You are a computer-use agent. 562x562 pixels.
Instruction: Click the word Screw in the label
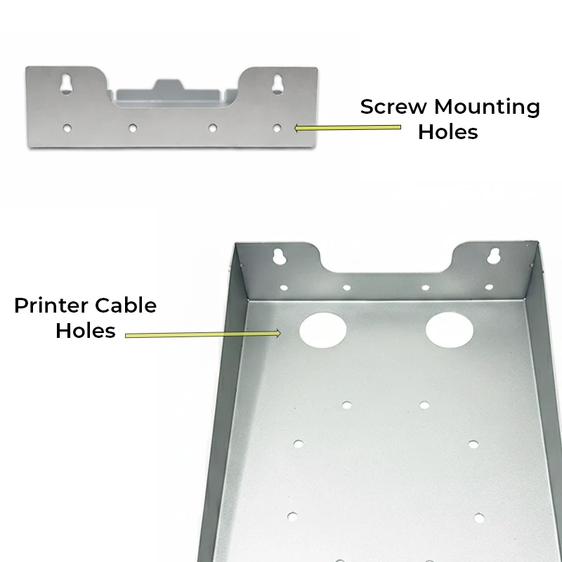pos(393,107)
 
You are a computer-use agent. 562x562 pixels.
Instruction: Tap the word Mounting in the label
pos(487,107)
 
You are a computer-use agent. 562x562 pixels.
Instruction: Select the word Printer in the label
pos(51,306)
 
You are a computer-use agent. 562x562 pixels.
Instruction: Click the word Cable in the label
pos(126,306)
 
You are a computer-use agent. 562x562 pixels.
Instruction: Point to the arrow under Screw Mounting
pos(347,128)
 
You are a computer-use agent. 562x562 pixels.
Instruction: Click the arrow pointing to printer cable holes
pos(203,334)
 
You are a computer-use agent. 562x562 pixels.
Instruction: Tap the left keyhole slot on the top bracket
pos(67,84)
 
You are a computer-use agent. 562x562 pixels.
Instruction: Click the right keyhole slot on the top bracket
pos(277,84)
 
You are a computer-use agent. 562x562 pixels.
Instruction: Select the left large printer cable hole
pos(323,330)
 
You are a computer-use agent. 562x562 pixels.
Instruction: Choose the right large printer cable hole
pos(449,329)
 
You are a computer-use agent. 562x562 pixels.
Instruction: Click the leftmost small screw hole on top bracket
pos(67,128)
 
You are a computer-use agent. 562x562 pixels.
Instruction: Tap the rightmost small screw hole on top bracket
pos(277,128)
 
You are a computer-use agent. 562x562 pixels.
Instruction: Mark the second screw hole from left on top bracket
pos(133,128)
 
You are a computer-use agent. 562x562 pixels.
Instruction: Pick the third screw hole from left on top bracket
pos(213,128)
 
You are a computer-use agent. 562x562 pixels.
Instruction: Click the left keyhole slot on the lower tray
pos(279,256)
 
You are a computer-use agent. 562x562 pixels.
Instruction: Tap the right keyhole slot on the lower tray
pos(493,256)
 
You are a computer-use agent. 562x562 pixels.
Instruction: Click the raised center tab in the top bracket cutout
pos(169,85)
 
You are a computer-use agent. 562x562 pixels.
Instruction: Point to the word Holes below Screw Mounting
pos(448,132)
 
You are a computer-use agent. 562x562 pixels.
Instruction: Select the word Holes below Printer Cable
pos(86,330)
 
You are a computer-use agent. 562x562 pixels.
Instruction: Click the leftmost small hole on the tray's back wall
pos(284,288)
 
